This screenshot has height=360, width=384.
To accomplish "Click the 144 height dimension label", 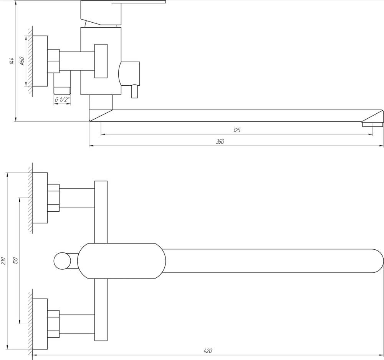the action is click(12, 61).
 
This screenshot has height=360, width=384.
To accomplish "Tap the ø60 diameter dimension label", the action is click(22, 61).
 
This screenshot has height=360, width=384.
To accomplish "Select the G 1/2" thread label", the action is click(62, 100).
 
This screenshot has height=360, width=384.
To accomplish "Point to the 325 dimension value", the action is click(237, 130).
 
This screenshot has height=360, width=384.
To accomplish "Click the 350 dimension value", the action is click(220, 142).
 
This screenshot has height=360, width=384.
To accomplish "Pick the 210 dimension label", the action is click(3, 261).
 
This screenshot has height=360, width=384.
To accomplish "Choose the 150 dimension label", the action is click(15, 261).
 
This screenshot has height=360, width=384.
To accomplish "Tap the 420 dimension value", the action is click(208, 351).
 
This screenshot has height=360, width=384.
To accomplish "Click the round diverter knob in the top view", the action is click(62, 261).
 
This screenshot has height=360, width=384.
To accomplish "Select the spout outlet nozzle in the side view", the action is click(372, 124).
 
